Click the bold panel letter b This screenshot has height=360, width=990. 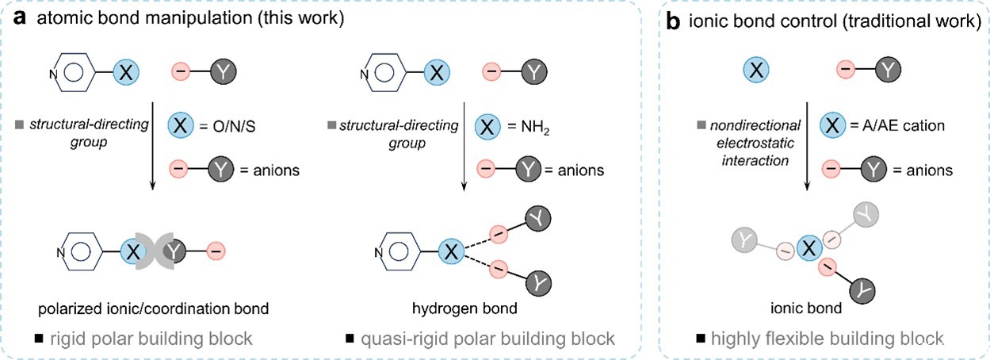tap(674, 21)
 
